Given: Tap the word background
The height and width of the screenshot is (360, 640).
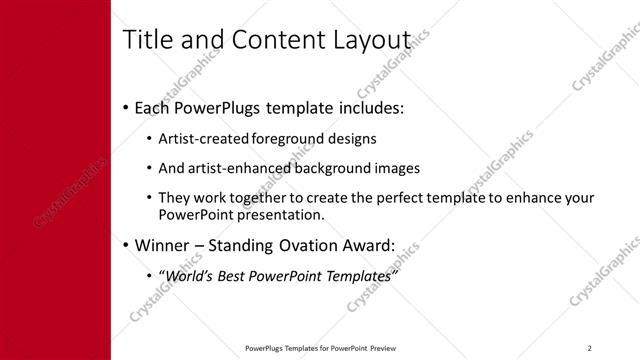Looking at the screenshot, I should tap(323, 168).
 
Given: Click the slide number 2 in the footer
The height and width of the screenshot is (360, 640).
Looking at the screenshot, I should tap(590, 348).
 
